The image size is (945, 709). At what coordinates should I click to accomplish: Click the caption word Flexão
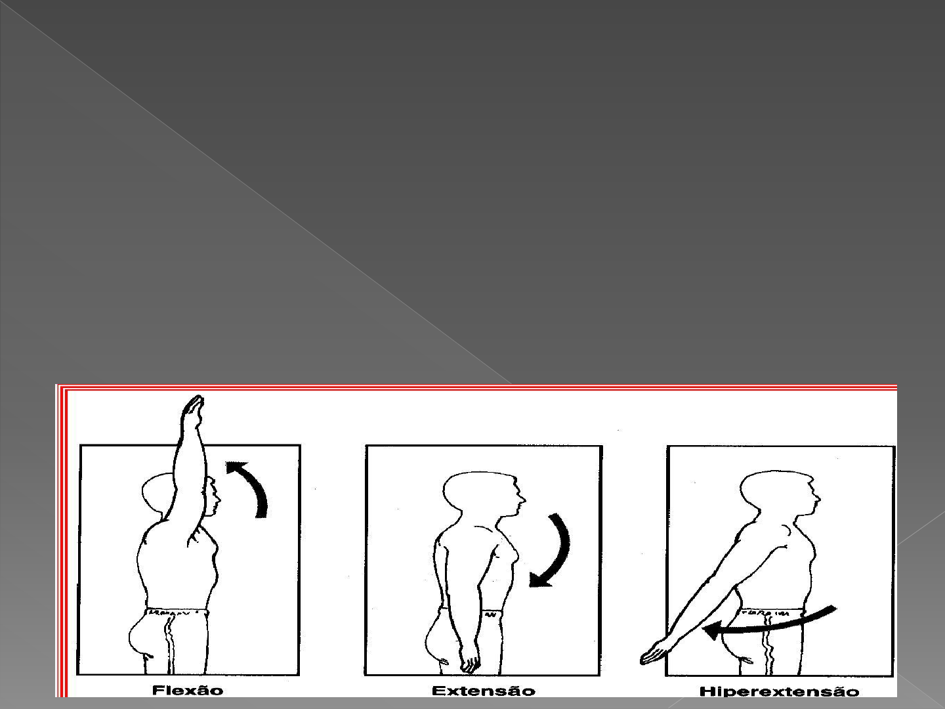click(188, 691)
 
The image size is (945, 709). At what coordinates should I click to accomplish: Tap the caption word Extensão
click(484, 691)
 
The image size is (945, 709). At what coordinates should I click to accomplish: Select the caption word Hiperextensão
click(779, 692)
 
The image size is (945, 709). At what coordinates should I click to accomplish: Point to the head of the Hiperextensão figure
click(779, 493)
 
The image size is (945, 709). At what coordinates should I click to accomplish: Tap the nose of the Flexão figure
click(219, 500)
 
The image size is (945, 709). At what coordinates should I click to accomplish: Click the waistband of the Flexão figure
click(177, 612)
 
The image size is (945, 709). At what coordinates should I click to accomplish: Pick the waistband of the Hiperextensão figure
click(772, 612)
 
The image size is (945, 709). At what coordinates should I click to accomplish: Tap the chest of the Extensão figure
click(508, 553)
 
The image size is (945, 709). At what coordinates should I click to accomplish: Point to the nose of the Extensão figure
click(522, 500)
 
